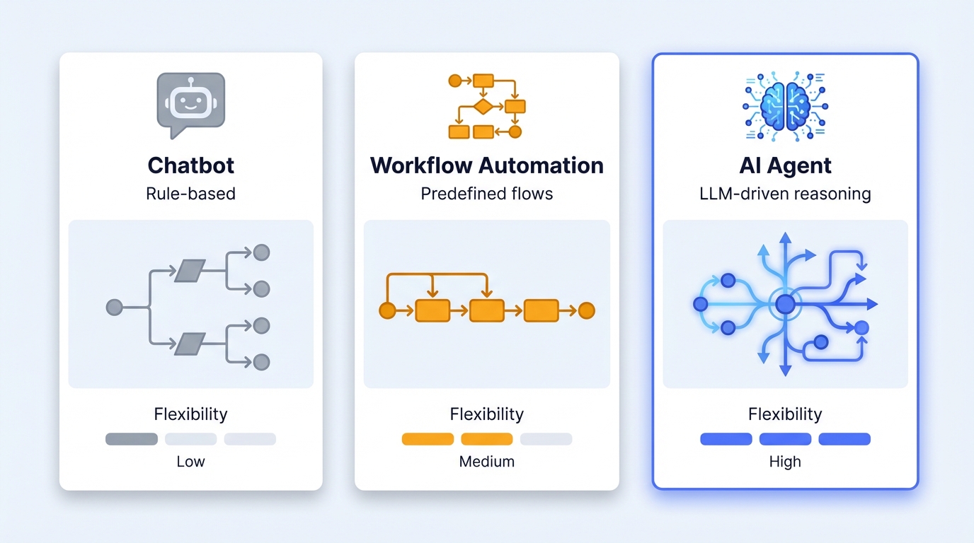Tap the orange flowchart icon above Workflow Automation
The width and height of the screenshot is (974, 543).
click(x=487, y=105)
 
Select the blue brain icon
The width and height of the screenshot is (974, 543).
click(x=785, y=105)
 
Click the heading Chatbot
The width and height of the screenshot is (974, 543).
click(x=190, y=165)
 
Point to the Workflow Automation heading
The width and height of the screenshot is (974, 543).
click(x=487, y=165)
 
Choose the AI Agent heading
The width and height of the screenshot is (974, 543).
click(x=785, y=165)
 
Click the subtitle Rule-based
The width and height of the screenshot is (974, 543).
click(x=190, y=193)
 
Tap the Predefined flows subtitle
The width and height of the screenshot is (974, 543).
click(x=487, y=193)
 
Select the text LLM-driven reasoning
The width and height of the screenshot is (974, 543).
click(x=785, y=193)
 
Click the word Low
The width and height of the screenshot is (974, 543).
click(x=190, y=462)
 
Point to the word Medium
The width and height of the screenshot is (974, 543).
click(x=487, y=462)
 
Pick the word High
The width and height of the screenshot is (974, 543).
click(x=785, y=462)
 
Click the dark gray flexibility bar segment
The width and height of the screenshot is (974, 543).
click(x=132, y=439)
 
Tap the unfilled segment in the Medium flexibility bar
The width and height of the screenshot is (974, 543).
click(x=546, y=439)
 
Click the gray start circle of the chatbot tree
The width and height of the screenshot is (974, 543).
click(x=114, y=307)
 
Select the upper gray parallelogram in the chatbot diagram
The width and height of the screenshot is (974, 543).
click(x=190, y=269)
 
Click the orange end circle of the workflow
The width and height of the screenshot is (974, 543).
click(x=586, y=310)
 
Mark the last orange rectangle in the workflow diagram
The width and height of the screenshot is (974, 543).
click(x=541, y=310)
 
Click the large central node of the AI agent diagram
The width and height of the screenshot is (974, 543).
click(x=785, y=305)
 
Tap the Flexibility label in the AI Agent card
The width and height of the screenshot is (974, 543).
click(x=785, y=414)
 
